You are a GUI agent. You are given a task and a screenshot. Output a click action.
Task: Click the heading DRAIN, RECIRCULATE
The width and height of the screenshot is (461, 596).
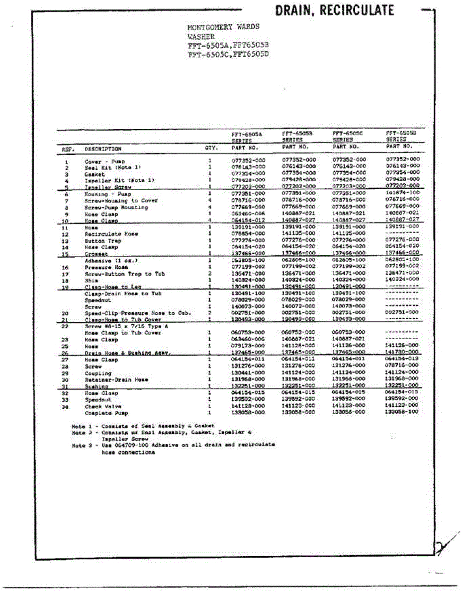(x=334, y=10)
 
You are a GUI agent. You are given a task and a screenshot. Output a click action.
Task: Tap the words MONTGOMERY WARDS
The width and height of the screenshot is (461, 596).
(x=223, y=27)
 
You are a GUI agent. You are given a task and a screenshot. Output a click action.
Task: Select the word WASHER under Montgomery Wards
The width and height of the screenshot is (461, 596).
(x=201, y=37)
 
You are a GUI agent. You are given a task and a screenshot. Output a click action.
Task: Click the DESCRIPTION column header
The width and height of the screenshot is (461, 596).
(x=103, y=149)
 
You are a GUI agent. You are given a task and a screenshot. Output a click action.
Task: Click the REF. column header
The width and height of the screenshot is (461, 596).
(x=68, y=149)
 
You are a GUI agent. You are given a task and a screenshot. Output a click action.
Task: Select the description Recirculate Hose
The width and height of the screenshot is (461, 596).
(x=111, y=234)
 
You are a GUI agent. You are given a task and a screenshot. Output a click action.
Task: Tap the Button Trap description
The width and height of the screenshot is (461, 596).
(x=103, y=241)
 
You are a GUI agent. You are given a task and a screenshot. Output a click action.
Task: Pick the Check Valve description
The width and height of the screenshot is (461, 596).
(x=100, y=407)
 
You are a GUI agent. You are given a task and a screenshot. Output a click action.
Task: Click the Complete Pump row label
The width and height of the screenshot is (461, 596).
(x=106, y=413)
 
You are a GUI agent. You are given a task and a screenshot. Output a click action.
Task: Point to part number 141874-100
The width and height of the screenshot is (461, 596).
(x=403, y=192)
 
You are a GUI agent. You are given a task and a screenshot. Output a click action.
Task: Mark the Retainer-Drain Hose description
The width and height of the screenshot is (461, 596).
(x=116, y=380)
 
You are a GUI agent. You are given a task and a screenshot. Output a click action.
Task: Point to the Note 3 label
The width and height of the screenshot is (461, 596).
(x=79, y=446)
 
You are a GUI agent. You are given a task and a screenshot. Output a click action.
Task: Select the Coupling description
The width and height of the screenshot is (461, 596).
(x=98, y=373)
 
